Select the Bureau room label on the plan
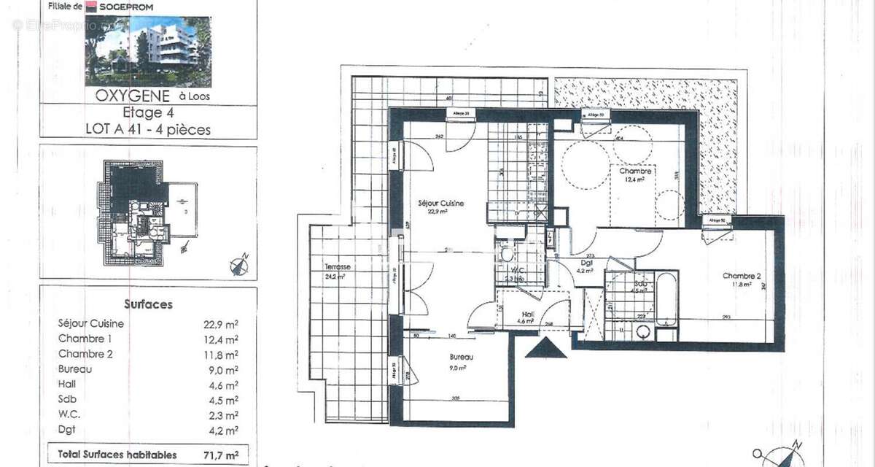(x=461, y=357)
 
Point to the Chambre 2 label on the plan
(x=742, y=276)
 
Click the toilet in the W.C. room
(x=506, y=253)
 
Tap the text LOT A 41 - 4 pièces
(x=148, y=130)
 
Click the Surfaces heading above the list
(x=148, y=304)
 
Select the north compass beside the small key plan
(x=239, y=265)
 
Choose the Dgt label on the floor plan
(x=586, y=263)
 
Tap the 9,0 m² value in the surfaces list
(x=221, y=369)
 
